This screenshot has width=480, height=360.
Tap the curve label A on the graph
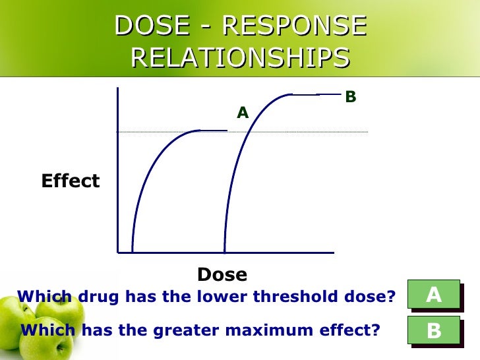coord(243,113)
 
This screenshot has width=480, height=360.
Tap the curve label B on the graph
coord(351,98)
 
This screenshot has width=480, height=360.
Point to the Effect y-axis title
coord(71,181)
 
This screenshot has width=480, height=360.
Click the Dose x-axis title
coord(222,274)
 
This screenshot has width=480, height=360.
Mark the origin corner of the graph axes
coord(118,252)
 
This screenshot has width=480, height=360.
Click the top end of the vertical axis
coord(117,88)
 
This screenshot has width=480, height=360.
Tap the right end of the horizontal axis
coord(333,252)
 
